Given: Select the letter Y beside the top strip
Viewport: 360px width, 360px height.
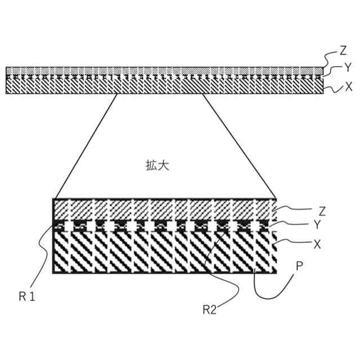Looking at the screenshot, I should point(348,68).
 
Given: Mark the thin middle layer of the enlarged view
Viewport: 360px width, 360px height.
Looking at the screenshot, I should point(163,226).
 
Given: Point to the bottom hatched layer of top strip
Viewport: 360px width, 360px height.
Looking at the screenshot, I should point(163,85).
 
